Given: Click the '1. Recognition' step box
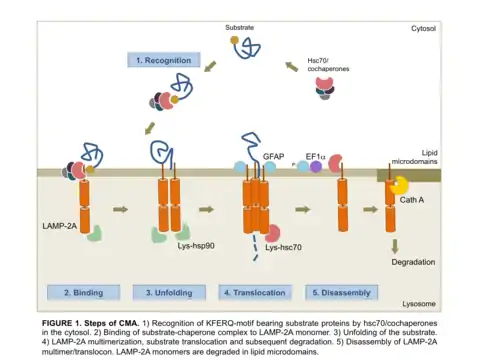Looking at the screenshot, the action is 164,60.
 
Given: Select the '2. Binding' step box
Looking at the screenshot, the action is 83,293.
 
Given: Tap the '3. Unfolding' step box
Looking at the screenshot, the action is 169,293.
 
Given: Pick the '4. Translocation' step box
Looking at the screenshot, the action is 255,293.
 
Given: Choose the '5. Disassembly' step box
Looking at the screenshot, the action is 342,293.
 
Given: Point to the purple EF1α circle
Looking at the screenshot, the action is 316,166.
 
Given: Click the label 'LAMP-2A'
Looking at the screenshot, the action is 59,226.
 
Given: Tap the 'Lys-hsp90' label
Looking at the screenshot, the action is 196,246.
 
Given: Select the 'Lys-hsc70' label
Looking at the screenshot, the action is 283,247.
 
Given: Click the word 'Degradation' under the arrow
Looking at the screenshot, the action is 413,262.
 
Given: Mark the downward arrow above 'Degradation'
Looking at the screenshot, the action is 395,246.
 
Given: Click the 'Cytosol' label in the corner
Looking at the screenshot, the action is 423,29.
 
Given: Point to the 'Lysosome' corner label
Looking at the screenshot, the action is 419,304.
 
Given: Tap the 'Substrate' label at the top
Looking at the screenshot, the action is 239,28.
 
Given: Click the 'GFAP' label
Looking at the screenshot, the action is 273,156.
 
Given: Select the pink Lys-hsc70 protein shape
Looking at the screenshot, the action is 273,233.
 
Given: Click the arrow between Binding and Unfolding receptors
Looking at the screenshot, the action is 121,209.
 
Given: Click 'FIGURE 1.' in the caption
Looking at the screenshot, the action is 61,323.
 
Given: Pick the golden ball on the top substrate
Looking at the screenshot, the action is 234,40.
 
